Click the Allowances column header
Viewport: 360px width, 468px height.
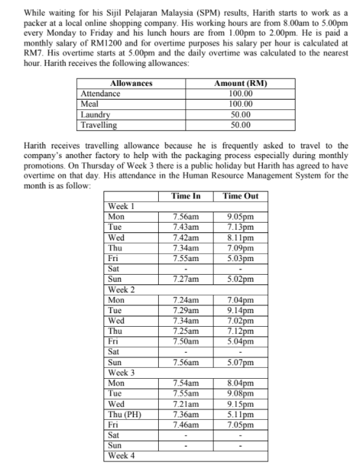tap(132, 84)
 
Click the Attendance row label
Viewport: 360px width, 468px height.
tap(100, 94)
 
